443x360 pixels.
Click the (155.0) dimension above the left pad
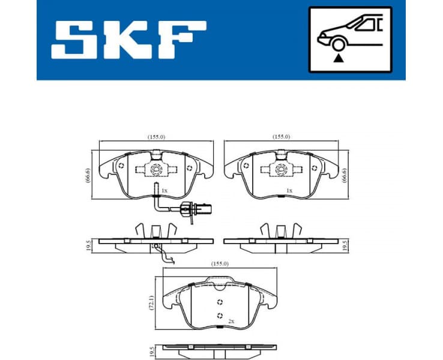pos(157,137)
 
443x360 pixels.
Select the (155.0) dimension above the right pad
pos(280,137)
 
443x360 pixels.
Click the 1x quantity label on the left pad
pos(164,190)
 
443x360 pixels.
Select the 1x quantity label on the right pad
pos(289,190)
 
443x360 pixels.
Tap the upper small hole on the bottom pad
pos(220,302)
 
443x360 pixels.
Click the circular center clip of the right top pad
pos(280,169)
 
